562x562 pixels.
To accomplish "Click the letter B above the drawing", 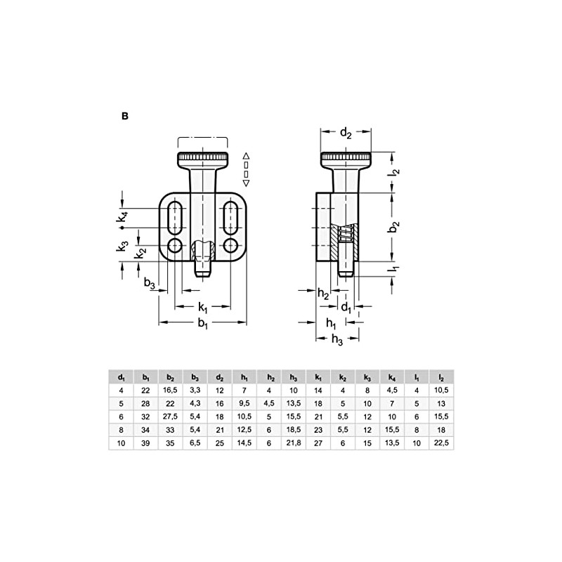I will [x=124, y=117].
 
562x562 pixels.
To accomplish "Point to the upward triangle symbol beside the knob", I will [x=246, y=155].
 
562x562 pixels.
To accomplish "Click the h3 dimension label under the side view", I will [x=336, y=339].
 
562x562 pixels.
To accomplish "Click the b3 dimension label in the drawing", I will [x=149, y=282].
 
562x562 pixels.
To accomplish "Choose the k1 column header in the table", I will [x=318, y=377].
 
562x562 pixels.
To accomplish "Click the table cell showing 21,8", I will [x=294, y=443].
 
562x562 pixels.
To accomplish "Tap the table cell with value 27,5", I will [x=170, y=417].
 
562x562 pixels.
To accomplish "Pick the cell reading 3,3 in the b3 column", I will [x=195, y=390].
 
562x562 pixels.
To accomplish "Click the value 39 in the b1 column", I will [x=145, y=443].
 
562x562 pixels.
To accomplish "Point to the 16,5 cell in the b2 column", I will [x=170, y=390].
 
